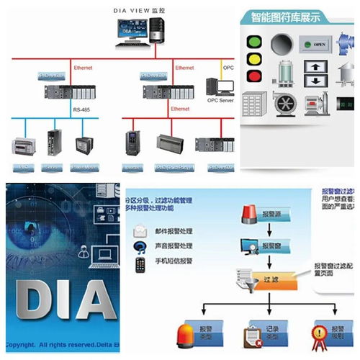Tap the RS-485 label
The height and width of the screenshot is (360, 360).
[81, 109]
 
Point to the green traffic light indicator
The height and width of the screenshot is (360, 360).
[252, 40]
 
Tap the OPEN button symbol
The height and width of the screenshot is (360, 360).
[317, 45]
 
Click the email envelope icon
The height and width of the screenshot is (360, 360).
[140, 232]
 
